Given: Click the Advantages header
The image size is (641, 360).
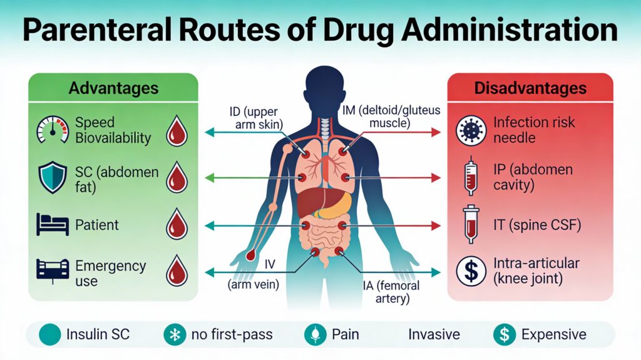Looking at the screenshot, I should pyautogui.click(x=113, y=87).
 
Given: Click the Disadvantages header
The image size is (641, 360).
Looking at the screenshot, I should pyautogui.click(x=530, y=88).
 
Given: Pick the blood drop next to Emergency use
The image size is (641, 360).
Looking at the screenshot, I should pyautogui.click(x=177, y=272).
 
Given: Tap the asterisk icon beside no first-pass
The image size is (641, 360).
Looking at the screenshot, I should pyautogui.click(x=175, y=334).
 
